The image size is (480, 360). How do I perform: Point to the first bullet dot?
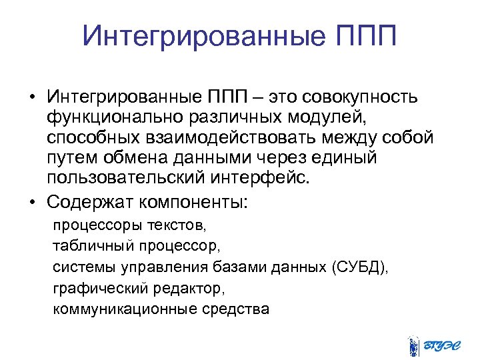[31, 98]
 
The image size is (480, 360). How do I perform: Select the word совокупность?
[360, 97]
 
